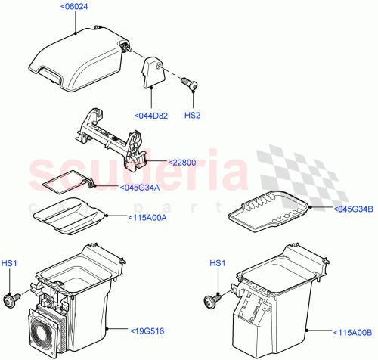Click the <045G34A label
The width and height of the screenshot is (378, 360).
point(139,188)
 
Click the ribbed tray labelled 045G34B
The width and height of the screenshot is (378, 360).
point(270,213)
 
